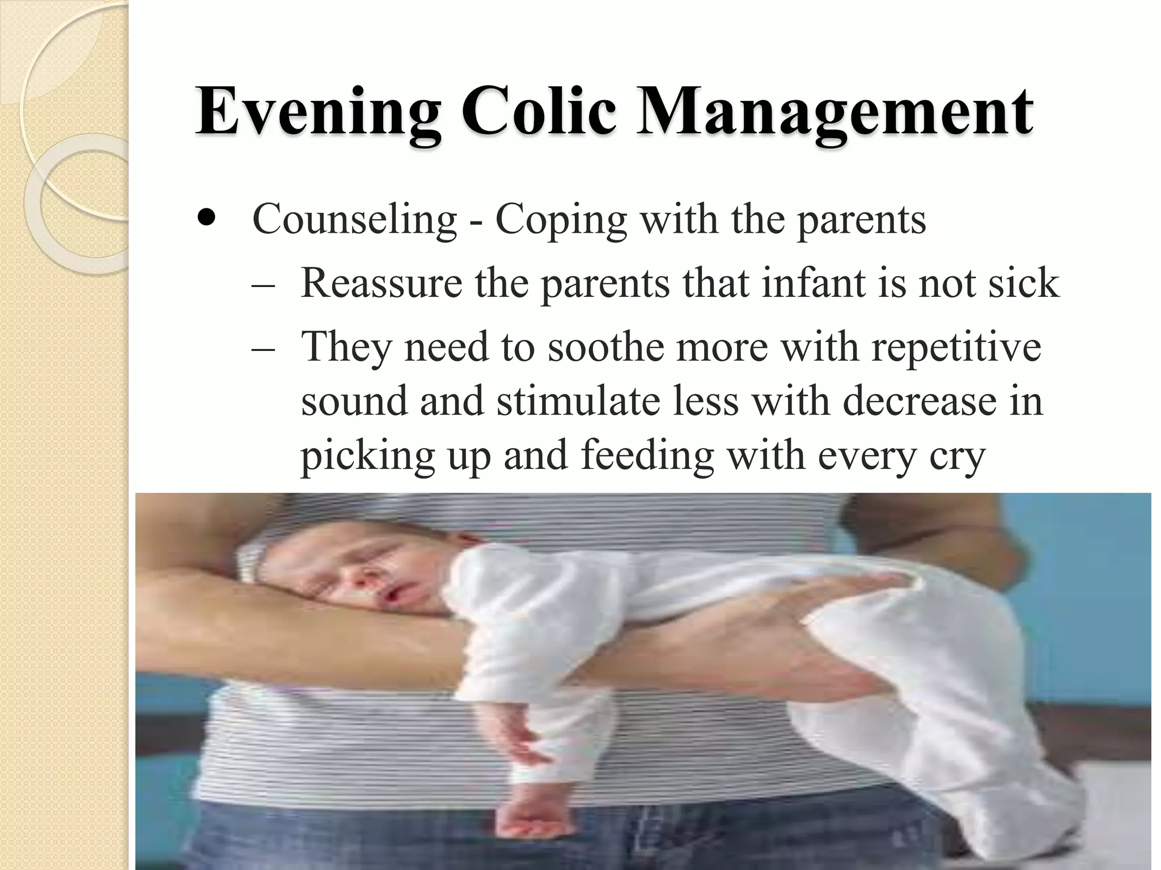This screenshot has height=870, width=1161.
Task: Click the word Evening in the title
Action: [x=317, y=112]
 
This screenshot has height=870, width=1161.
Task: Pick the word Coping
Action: [x=561, y=220]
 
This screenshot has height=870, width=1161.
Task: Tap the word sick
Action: [x=1023, y=283]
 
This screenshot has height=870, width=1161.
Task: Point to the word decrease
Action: [x=919, y=401]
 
